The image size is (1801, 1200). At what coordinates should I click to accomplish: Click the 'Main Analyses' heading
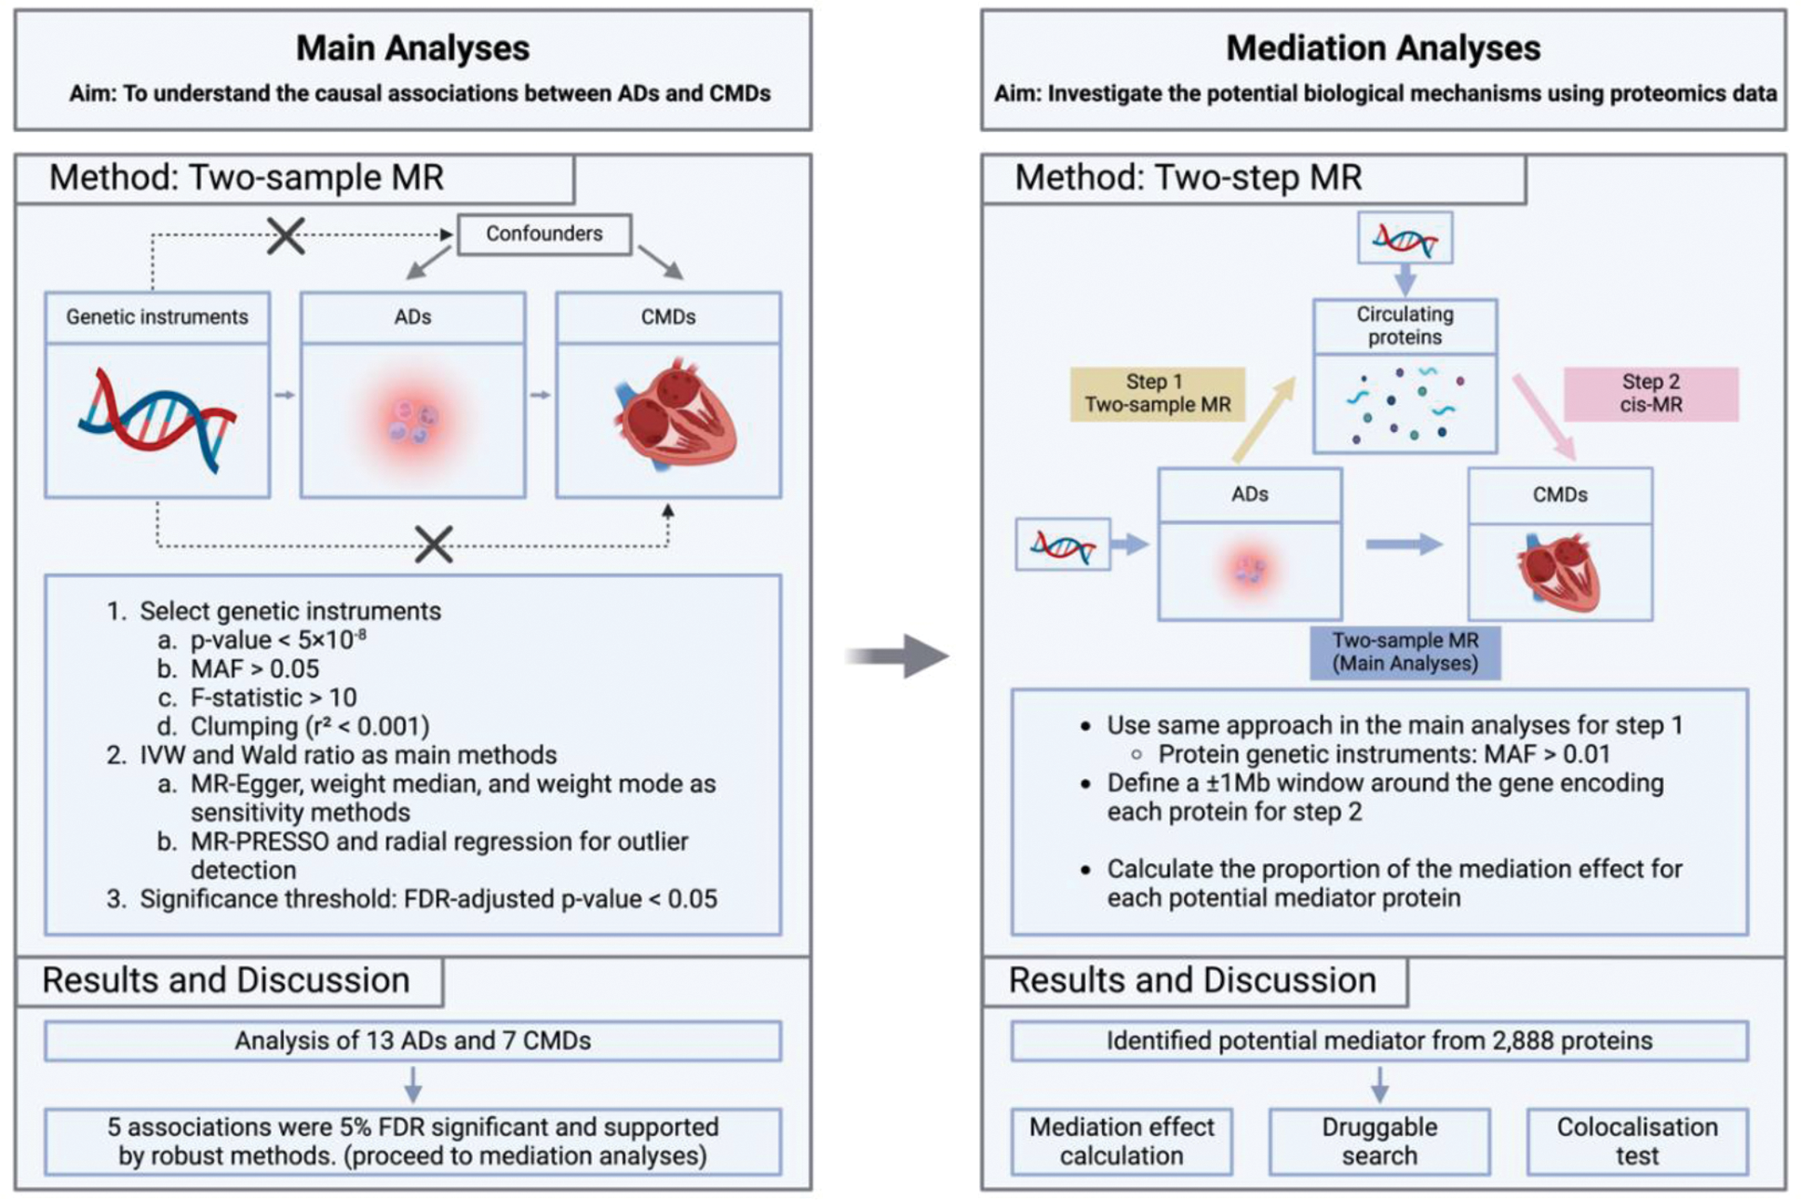pyautogui.click(x=412, y=48)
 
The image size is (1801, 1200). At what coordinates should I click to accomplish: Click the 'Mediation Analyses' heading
pyautogui.click(x=1382, y=48)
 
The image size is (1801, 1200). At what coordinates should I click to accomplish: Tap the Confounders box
pyautogui.click(x=544, y=234)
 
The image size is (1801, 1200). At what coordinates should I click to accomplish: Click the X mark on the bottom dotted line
pyautogui.click(x=434, y=545)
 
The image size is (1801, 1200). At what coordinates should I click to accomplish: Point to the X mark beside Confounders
pyautogui.click(x=286, y=236)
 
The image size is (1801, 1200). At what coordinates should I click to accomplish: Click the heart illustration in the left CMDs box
pyautogui.click(x=676, y=414)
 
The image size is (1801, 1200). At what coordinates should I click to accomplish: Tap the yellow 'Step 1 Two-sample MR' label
pyautogui.click(x=1157, y=394)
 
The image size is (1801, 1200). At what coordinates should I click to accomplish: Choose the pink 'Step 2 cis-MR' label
pyautogui.click(x=1650, y=394)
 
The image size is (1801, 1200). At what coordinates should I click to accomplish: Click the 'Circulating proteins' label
pyautogui.click(x=1405, y=326)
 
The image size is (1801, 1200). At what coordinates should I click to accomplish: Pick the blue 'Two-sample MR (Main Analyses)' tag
pyautogui.click(x=1405, y=652)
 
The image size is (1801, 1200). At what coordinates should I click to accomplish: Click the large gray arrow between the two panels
pyautogui.click(x=897, y=656)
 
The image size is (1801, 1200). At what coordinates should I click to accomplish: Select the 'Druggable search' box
pyautogui.click(x=1379, y=1141)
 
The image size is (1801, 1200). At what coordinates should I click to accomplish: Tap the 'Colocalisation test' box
pyautogui.click(x=1637, y=1141)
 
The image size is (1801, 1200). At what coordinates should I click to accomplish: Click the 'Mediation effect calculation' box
pyautogui.click(x=1122, y=1141)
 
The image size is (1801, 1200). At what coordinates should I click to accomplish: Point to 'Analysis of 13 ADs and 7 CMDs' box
pyautogui.click(x=412, y=1041)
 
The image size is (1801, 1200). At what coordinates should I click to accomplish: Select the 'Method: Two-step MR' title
pyautogui.click(x=1188, y=178)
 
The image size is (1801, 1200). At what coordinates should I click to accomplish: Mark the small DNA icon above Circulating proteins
pyautogui.click(x=1405, y=239)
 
